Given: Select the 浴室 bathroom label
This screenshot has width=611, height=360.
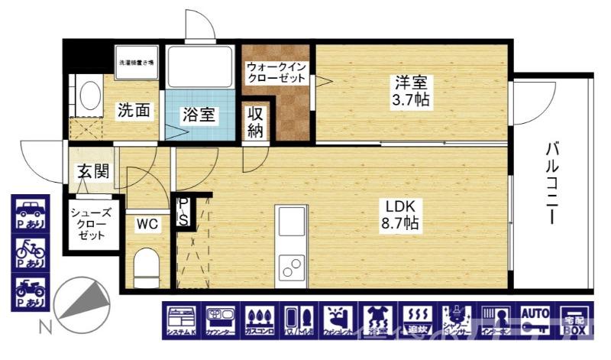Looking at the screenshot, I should click(x=199, y=115).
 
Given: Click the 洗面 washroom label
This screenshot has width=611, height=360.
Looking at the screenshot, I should click(x=133, y=110).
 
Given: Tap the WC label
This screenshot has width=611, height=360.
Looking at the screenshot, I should click(x=147, y=224).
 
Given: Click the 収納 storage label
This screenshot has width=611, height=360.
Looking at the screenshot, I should click(x=256, y=122).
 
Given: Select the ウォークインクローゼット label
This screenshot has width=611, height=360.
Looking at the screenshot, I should click(x=276, y=73).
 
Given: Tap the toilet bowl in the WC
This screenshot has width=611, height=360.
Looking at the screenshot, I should click(x=145, y=268).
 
